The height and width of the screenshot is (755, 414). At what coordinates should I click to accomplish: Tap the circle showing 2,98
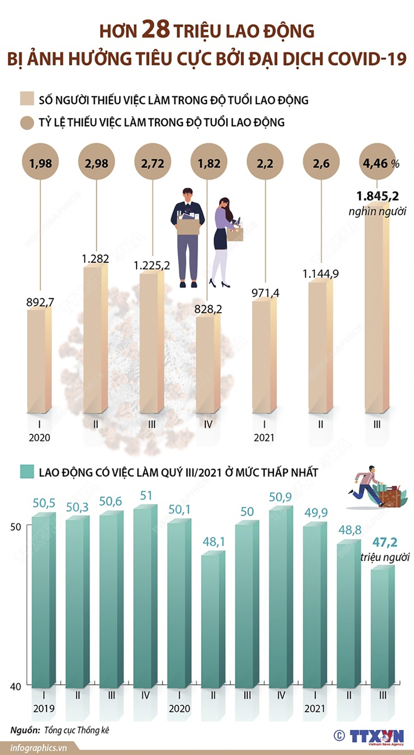point(96,163)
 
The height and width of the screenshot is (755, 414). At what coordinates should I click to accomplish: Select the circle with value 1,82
point(209,163)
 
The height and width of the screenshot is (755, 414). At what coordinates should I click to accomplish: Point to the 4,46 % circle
point(377,163)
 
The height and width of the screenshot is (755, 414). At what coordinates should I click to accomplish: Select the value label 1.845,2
point(377,196)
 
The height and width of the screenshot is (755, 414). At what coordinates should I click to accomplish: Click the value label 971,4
point(265,293)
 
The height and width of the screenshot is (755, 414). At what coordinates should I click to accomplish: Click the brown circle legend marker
point(27,123)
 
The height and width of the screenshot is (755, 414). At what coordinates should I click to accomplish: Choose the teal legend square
point(27,472)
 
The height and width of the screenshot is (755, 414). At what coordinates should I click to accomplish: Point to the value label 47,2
point(384,542)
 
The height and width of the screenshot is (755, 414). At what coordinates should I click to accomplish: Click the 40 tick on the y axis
point(16,686)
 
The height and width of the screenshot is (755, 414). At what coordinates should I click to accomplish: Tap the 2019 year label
point(44,708)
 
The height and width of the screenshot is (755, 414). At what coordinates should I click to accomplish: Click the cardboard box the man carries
point(188,225)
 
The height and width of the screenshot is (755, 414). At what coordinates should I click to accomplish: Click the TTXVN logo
point(376,736)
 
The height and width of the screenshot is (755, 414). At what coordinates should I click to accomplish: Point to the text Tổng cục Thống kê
point(76,730)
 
